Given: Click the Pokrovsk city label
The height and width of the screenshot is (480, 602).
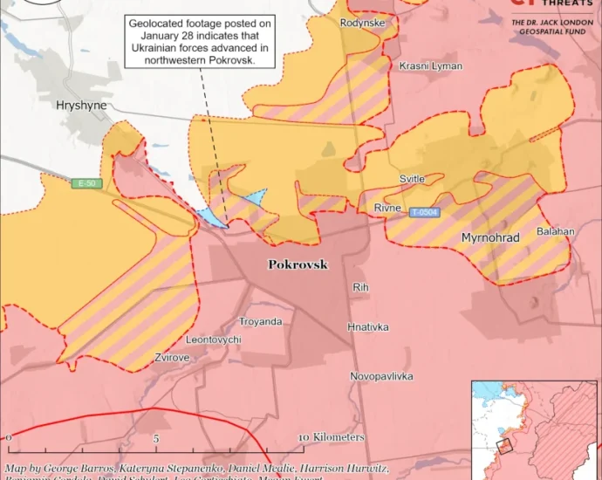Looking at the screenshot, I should (x=298, y=264).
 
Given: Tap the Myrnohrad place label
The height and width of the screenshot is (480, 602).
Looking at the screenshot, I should (x=489, y=238).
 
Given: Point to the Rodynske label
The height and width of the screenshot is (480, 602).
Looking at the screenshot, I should (x=363, y=23).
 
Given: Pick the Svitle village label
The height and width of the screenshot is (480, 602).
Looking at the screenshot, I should (x=412, y=179).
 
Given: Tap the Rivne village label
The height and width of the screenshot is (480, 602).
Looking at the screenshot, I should (x=387, y=209).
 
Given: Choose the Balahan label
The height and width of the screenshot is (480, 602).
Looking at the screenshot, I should (x=556, y=231).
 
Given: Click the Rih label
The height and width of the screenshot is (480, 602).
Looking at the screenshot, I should (x=360, y=287).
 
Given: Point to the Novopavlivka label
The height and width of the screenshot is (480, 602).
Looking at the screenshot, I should (x=381, y=376).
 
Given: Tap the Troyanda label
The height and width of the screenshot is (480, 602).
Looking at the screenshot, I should (x=261, y=322).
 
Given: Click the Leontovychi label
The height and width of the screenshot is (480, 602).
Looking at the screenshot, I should (x=213, y=339).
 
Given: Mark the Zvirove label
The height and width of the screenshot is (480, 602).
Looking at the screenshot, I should (x=173, y=357).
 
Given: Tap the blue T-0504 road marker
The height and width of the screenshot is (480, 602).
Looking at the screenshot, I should (x=424, y=212).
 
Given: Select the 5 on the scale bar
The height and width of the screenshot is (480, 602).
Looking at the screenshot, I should (x=156, y=437).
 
